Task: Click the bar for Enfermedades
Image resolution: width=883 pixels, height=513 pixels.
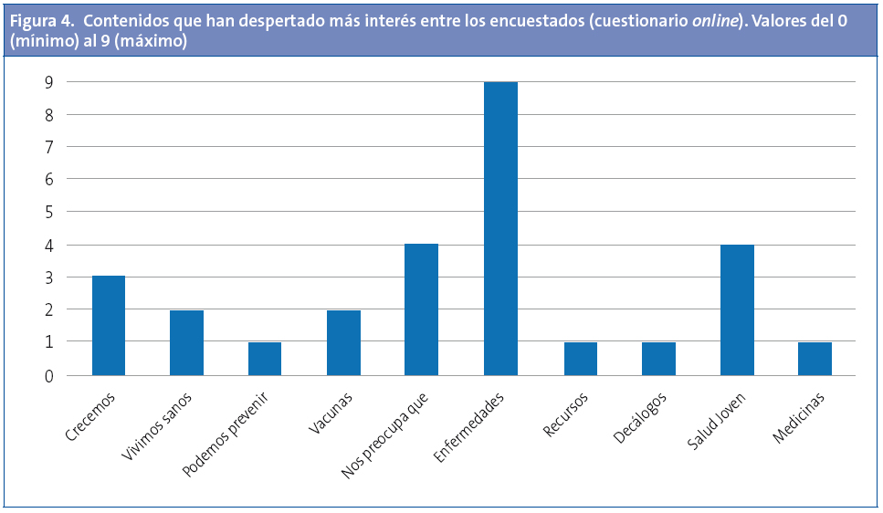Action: pos(500,228)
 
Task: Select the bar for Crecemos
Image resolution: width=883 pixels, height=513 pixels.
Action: pos(109,325)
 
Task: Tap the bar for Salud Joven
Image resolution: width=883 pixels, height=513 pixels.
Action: pos(737,309)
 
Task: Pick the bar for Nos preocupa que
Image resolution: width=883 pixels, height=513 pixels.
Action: pos(422,309)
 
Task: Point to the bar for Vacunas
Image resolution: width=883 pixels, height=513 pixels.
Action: pos(343,342)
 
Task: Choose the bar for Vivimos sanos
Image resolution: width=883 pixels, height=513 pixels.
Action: pos(187,342)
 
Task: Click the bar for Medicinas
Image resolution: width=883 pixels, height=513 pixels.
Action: pos(815,358)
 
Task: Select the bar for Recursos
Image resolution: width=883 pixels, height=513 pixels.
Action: pos(580,358)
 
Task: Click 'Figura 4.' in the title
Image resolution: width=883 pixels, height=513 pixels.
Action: pos(40,22)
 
